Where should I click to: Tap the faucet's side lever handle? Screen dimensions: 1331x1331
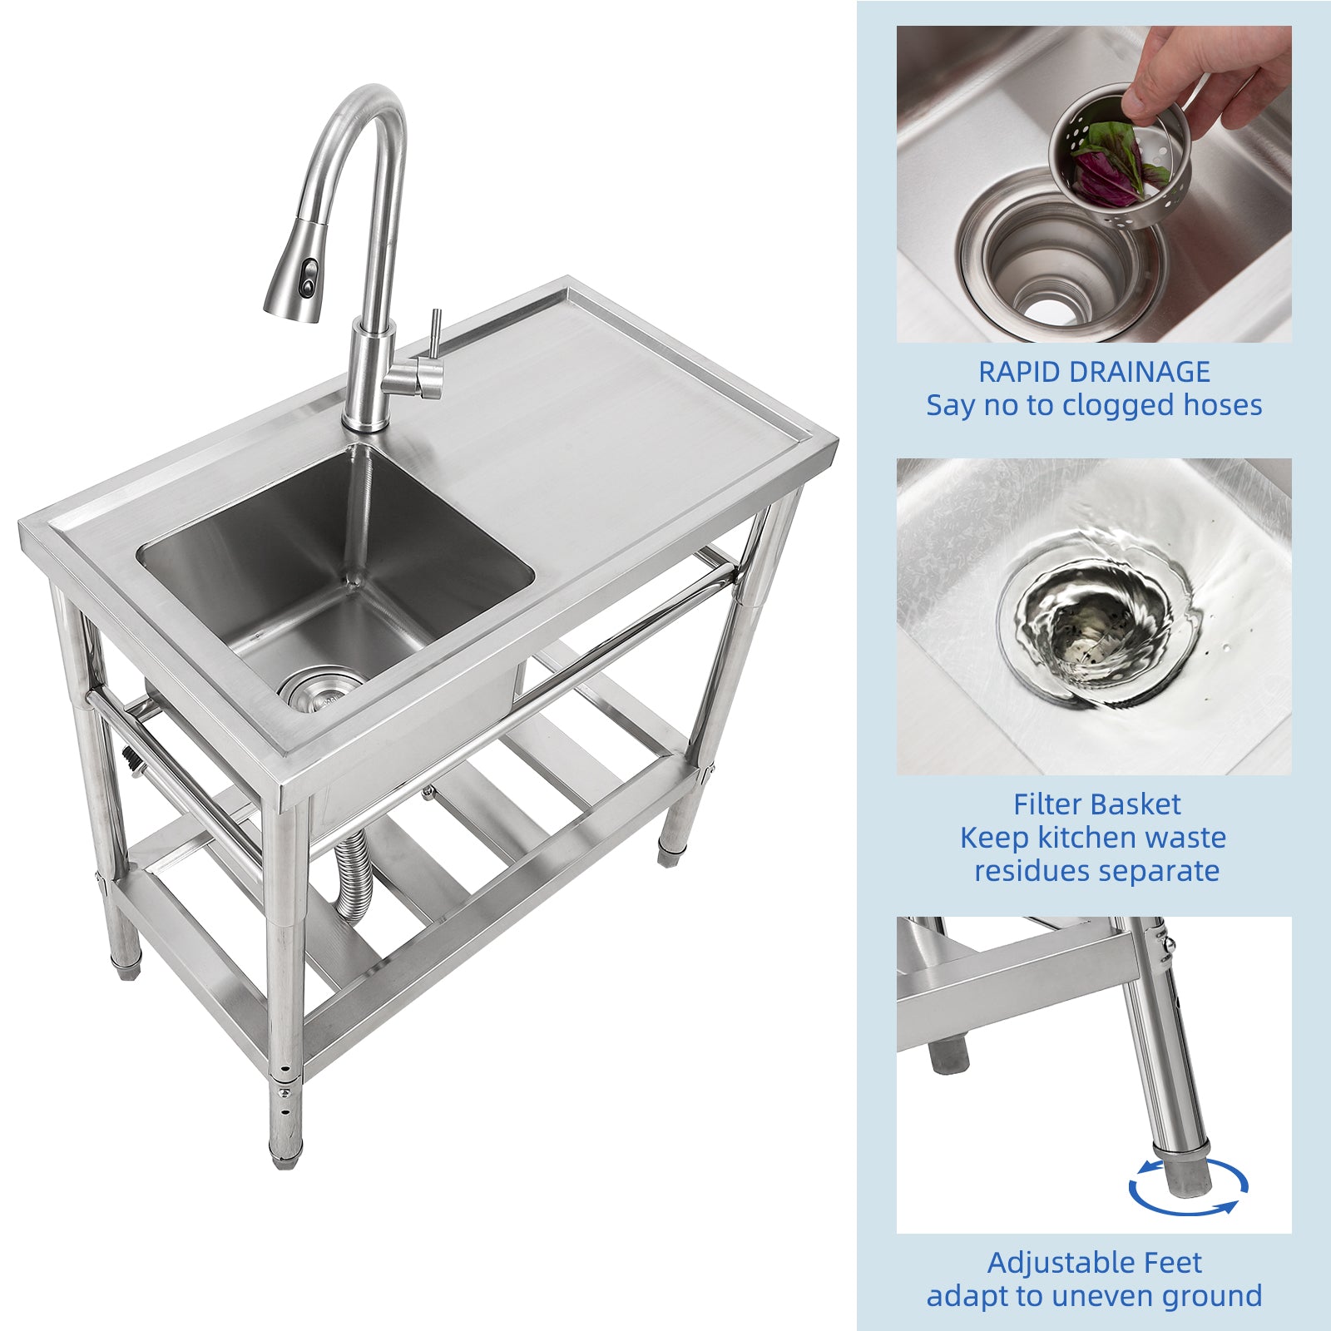click(x=434, y=341)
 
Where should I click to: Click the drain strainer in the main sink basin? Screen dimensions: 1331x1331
click(x=320, y=690)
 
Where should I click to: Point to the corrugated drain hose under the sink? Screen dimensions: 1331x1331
click(x=350, y=873)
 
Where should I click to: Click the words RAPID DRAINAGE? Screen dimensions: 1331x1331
click(x=1094, y=372)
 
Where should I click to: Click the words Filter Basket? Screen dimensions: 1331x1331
click(x=1096, y=804)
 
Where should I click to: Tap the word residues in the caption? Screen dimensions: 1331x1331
click(x=1024, y=871)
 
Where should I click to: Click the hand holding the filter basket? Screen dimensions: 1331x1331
click(x=1206, y=75)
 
